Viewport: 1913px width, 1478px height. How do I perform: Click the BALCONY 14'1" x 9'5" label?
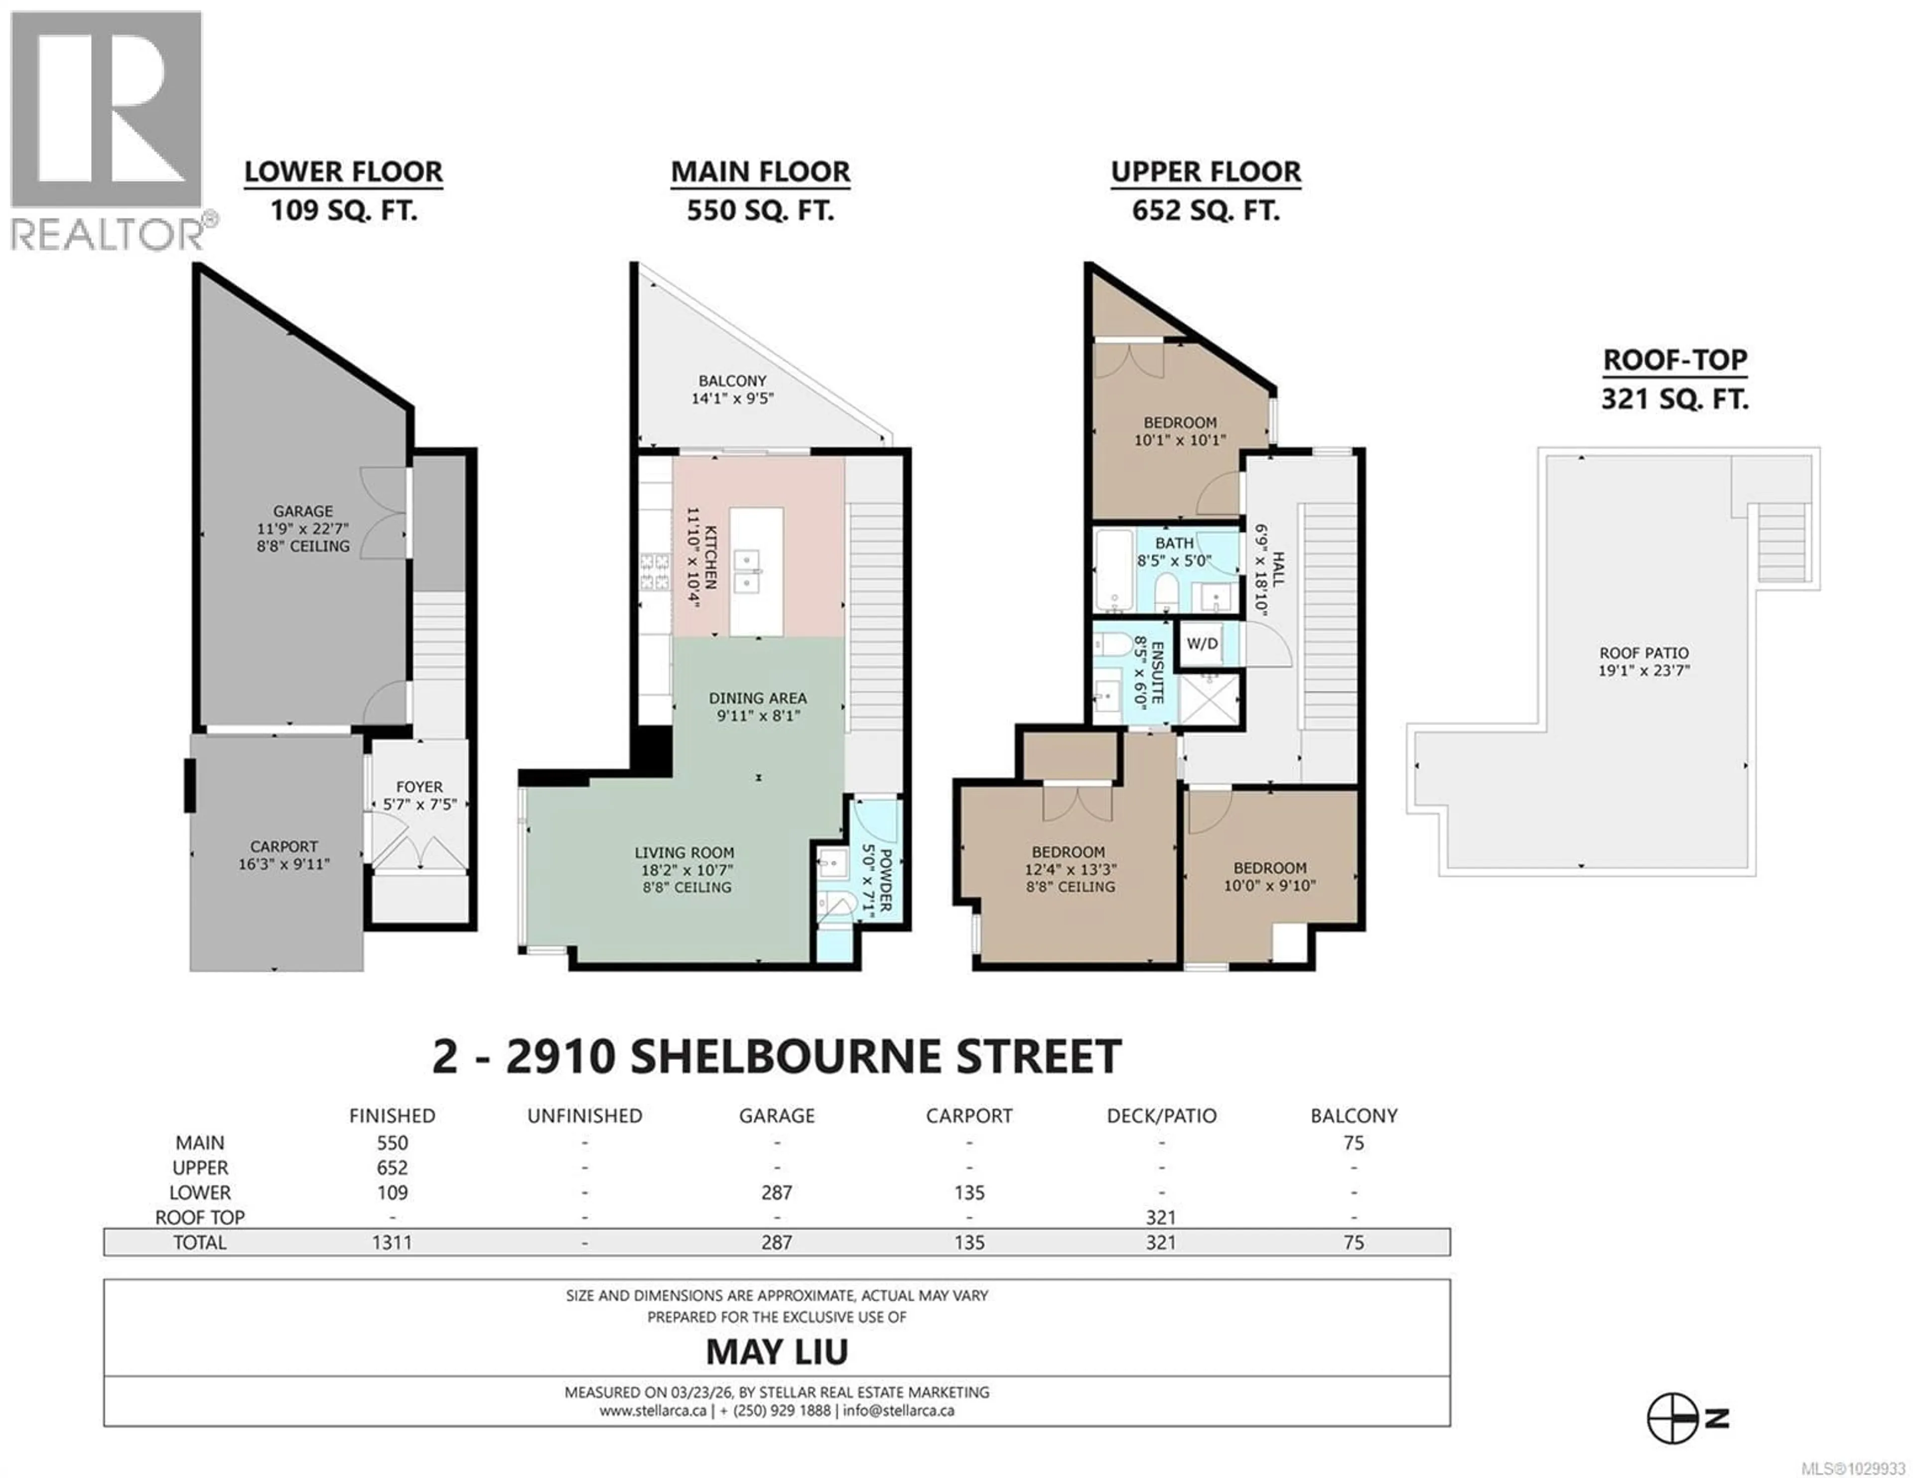coord(732,389)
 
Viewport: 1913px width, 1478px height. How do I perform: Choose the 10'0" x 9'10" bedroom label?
coord(1269,876)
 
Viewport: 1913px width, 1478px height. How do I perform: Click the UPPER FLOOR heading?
coord(1205,172)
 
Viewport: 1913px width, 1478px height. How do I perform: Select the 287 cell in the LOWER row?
coord(776,1193)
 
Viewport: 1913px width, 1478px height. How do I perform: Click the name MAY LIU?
coord(776,1352)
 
